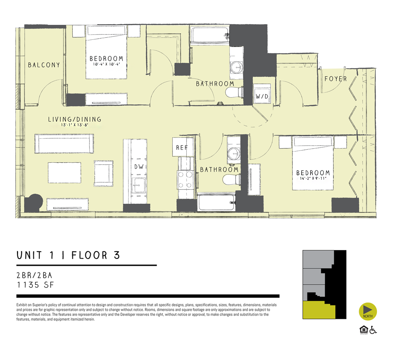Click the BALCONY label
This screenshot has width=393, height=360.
(x=44, y=65)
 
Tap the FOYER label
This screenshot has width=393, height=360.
(x=335, y=79)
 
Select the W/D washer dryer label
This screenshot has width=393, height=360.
(x=262, y=97)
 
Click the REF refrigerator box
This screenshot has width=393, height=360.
(x=182, y=148)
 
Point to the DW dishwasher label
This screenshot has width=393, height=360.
(x=139, y=167)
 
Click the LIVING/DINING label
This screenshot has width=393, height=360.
(x=75, y=119)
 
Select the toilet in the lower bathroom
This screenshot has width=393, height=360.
(x=231, y=180)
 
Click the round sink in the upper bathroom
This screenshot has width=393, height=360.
(x=236, y=68)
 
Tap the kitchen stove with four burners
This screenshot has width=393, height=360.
(x=185, y=180)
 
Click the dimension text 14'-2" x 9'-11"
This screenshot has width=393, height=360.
(x=313, y=179)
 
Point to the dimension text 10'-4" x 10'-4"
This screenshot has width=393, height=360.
(x=106, y=64)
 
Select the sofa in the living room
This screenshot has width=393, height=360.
(x=64, y=143)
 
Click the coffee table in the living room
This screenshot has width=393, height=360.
(x=65, y=173)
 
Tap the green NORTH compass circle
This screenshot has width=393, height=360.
(x=368, y=311)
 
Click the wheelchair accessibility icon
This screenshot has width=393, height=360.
(x=373, y=330)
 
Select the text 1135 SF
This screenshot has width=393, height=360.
(x=35, y=285)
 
